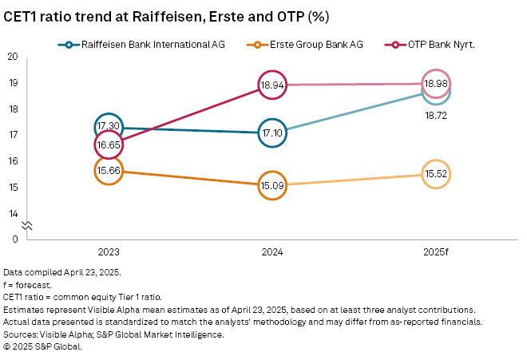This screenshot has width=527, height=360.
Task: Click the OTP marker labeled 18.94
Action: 272,85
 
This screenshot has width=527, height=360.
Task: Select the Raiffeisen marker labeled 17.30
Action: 108,127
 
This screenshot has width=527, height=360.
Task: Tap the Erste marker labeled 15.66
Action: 108,171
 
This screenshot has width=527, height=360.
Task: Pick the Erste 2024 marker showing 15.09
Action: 272,185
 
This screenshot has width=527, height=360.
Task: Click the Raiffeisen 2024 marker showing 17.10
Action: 272,133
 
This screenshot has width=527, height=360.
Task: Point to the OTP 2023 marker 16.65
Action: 108,144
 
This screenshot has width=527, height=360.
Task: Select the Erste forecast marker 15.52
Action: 436,174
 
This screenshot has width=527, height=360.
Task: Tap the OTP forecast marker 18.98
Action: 436,84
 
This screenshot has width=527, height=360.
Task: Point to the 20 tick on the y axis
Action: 13,57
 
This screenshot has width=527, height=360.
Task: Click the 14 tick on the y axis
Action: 13,213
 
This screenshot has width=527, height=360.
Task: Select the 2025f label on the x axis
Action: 436,252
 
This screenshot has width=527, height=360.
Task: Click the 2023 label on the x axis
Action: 108,252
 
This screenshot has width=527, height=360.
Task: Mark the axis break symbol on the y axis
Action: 26,226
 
